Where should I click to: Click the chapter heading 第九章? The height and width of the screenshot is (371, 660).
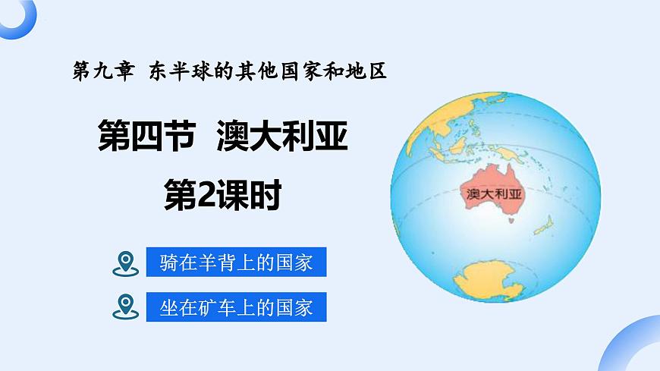[x=99, y=73]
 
